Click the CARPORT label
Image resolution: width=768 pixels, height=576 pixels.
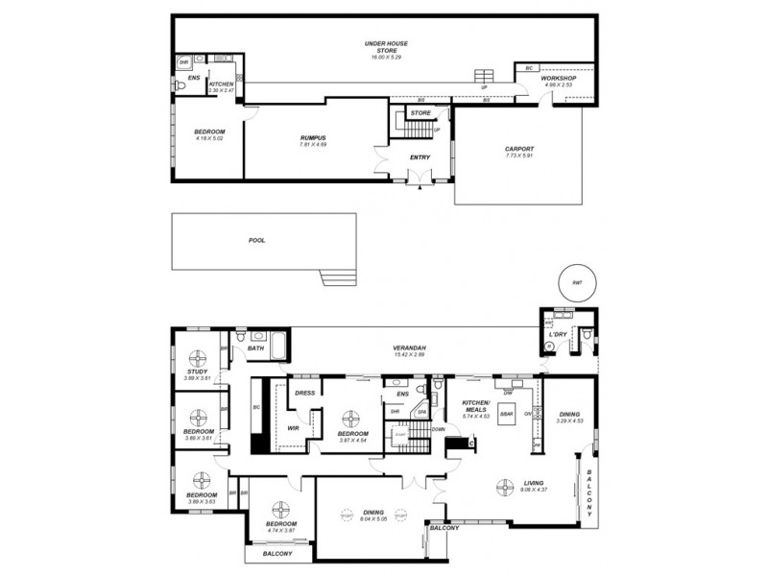click(518, 149)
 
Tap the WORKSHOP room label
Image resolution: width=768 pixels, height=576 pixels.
click(558, 77)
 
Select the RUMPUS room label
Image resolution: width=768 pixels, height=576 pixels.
click(314, 138)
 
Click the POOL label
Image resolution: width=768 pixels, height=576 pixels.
click(255, 240)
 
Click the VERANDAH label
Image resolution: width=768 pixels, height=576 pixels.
click(408, 348)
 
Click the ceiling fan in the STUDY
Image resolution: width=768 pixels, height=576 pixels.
click(197, 359)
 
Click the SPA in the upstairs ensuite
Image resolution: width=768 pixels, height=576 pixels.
click(420, 412)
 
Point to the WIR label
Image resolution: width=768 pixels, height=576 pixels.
click(294, 429)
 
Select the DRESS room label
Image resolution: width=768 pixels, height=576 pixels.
click(305, 392)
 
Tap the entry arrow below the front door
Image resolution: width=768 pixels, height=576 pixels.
click(419, 188)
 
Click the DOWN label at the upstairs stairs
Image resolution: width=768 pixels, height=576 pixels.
click(438, 428)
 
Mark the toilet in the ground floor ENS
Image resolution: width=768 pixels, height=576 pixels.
click(180, 85)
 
